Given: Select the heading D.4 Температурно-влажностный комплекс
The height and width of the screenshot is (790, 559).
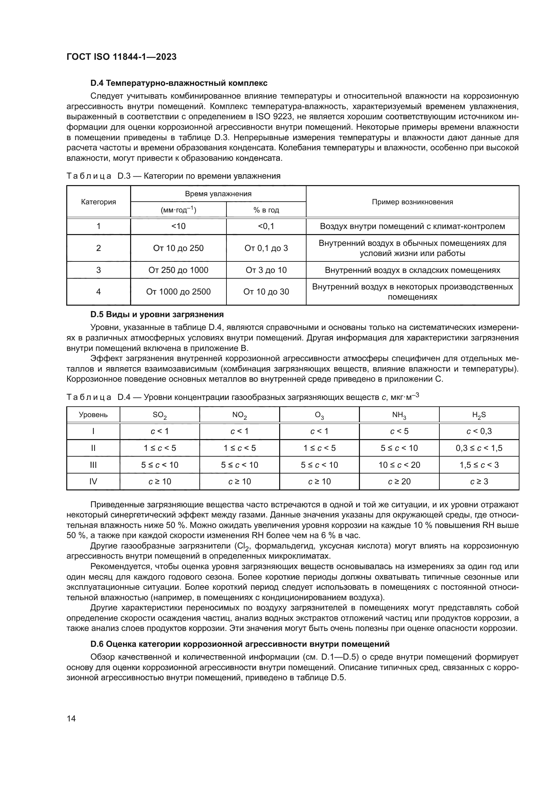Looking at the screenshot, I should coord(179,83).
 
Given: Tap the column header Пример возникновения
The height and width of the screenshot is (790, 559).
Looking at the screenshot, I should coord(412,202).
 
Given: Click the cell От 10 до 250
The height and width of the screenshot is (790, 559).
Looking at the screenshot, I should coord(178,248).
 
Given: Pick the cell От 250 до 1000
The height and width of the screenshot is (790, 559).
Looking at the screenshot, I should coord(178,270).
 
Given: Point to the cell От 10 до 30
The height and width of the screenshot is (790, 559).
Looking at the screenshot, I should coord(266,292).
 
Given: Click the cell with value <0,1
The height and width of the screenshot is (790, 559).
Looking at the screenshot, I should coord(266,226).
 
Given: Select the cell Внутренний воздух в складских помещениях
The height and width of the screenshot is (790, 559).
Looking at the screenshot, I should coord(412,270).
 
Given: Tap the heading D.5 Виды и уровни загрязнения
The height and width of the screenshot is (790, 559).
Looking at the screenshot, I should coord(156,314).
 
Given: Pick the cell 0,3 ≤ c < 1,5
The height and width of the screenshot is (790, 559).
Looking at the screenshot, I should coord(479,448).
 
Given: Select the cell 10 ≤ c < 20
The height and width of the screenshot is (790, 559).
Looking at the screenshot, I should coord(399,465).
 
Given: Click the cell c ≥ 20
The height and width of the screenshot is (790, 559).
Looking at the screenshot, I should coord(399,481).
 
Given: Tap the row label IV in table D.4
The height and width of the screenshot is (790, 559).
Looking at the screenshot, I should coord(93,481).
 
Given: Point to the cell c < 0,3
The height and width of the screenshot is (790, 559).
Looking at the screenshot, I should coord(479,431).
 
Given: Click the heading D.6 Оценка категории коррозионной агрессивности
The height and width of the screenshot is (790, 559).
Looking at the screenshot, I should coord(240,643).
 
